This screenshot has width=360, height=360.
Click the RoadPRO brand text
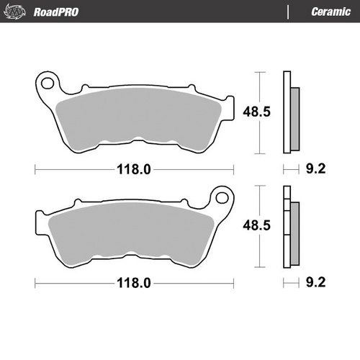pyautogui.click(x=56, y=12)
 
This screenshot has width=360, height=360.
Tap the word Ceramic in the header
pyautogui.click(x=330, y=12)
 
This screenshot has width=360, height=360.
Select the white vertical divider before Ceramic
pyautogui.click(x=289, y=12)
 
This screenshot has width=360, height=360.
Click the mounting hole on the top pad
pyautogui.click(x=48, y=82)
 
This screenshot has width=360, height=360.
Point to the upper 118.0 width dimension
pyautogui.click(x=135, y=170)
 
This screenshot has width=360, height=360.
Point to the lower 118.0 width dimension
pyautogui.click(x=135, y=283)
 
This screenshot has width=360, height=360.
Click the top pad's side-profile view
pyautogui.click(x=289, y=114)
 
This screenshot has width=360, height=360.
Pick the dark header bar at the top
pyautogui.click(x=180, y=12)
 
